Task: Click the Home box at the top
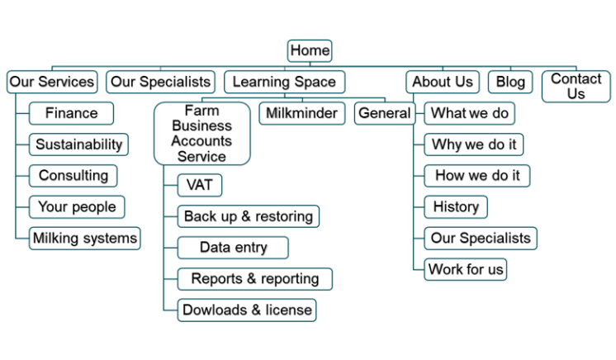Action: click(x=310, y=50)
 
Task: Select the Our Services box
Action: click(x=52, y=82)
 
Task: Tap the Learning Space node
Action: click(x=284, y=82)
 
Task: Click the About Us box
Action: click(x=443, y=82)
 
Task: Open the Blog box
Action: click(x=510, y=82)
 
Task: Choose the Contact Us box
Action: click(x=576, y=87)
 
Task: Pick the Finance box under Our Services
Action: click(x=71, y=113)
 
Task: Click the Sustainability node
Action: click(x=78, y=144)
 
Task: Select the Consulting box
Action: click(x=73, y=176)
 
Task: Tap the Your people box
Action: click(x=77, y=206)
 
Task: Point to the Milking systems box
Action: click(x=84, y=239)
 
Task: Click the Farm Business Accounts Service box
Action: click(x=201, y=133)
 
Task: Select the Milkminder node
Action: click(x=302, y=113)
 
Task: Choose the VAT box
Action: click(x=200, y=185)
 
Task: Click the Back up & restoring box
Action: click(x=249, y=216)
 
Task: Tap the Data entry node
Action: click(x=234, y=248)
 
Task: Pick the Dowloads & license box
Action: click(x=248, y=310)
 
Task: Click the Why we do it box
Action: click(x=474, y=144)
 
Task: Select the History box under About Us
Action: click(x=456, y=206)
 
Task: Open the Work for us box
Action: click(x=466, y=269)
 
